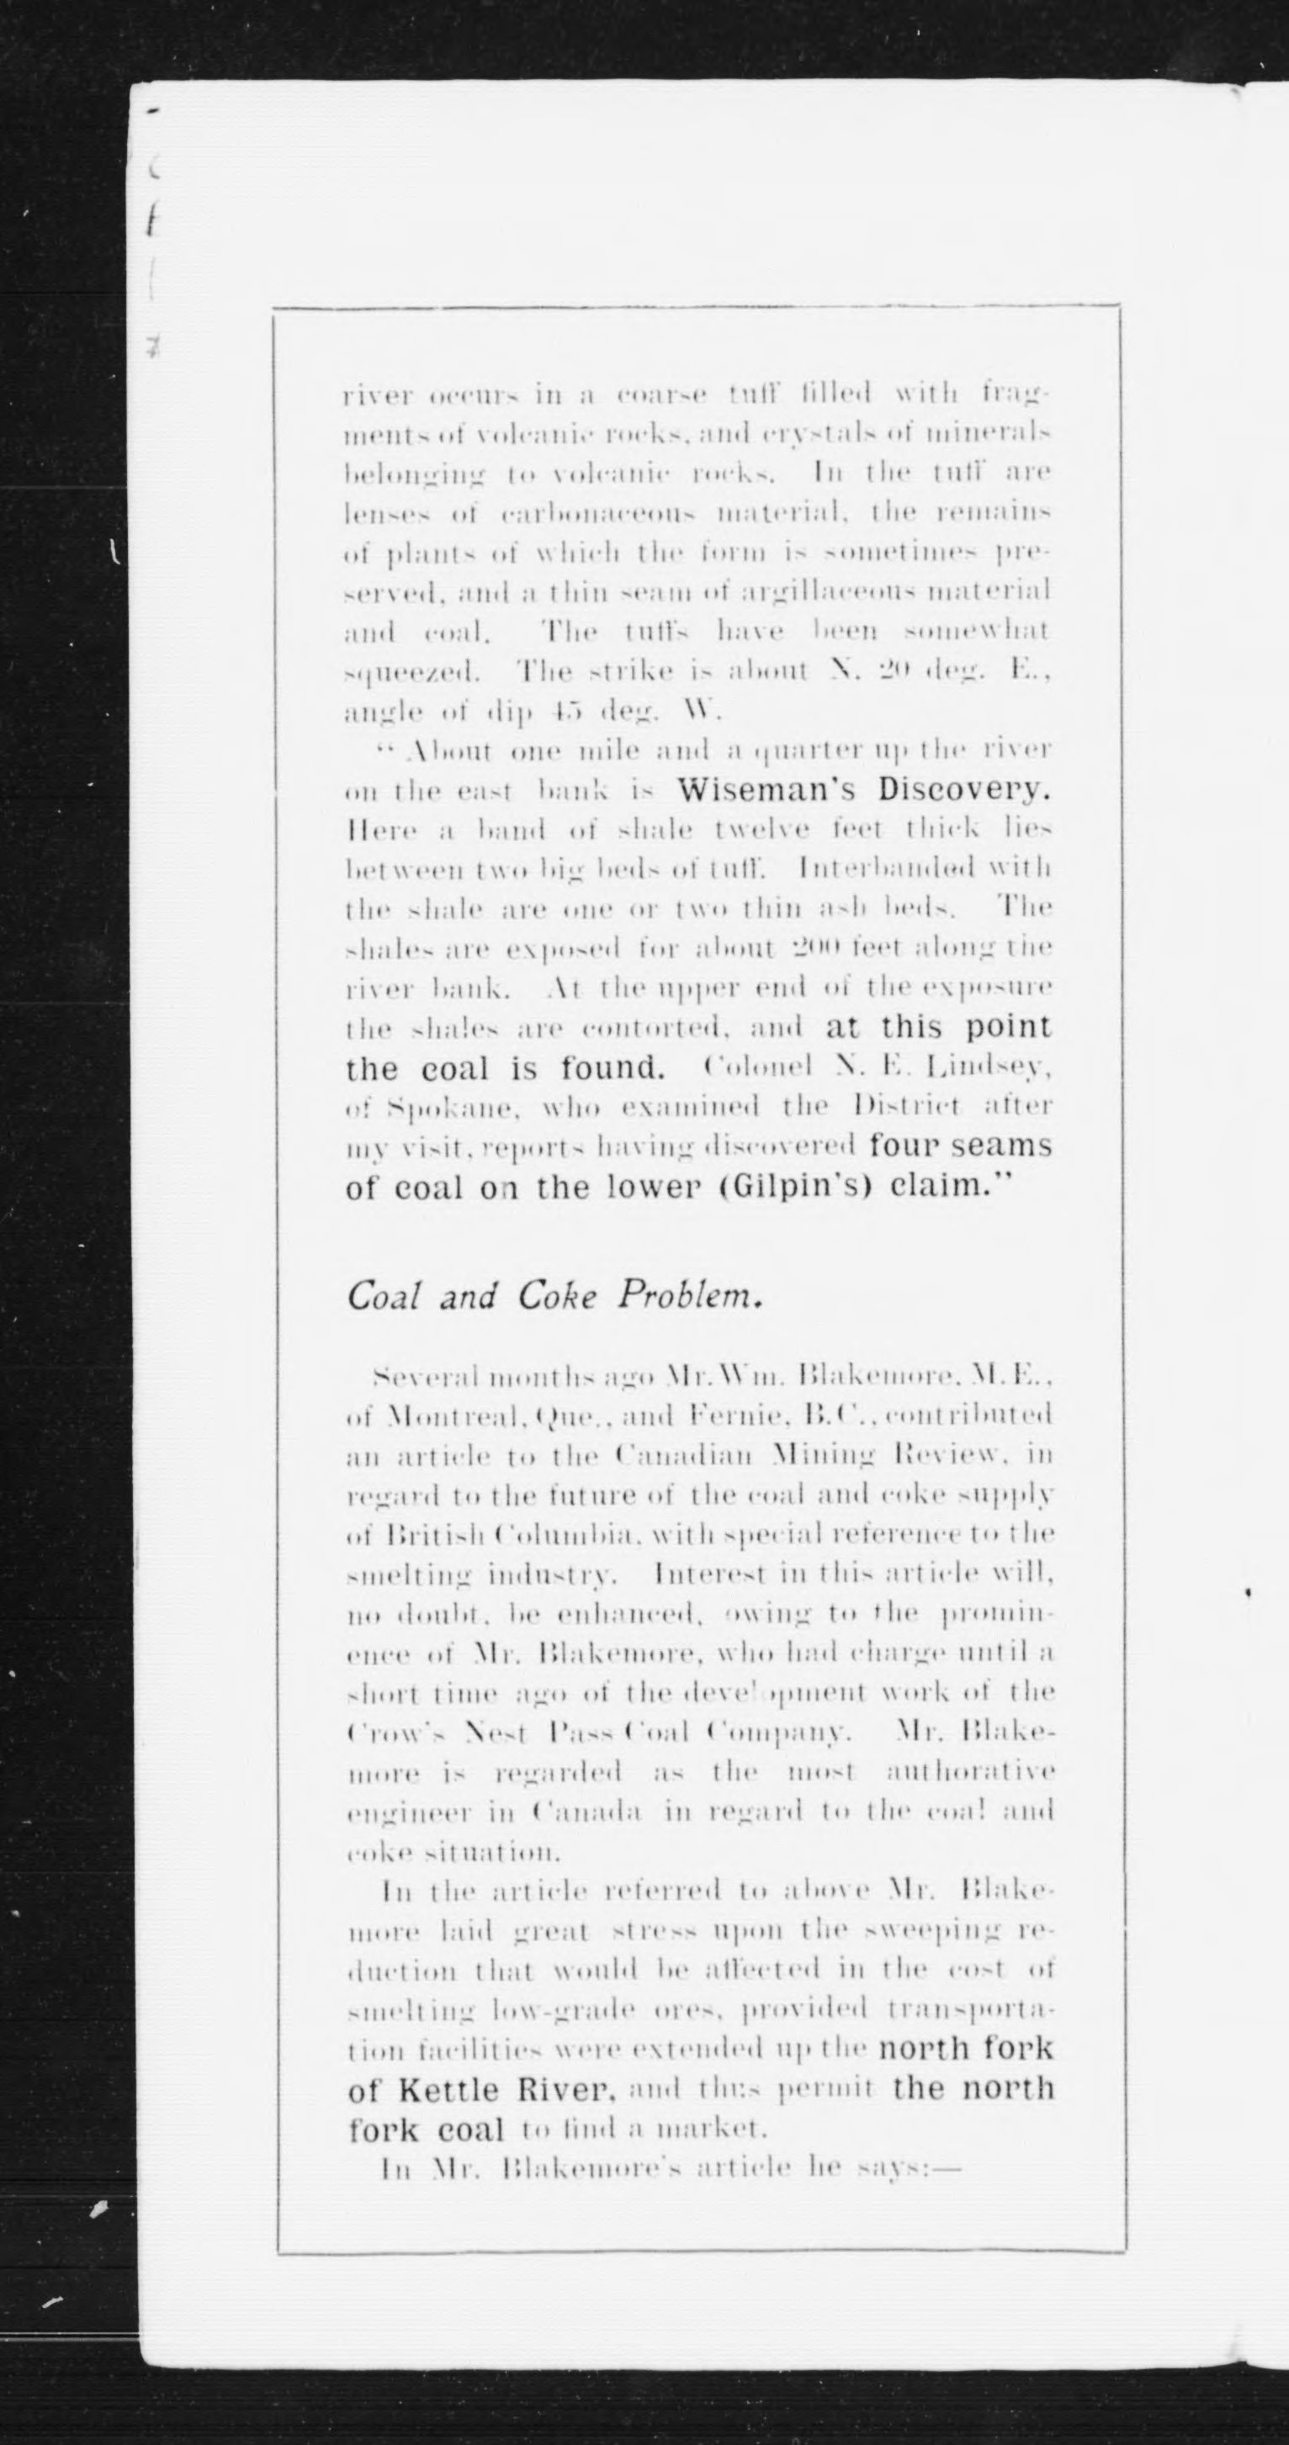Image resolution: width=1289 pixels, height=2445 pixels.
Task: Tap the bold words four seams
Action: pyautogui.click(x=961, y=1146)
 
